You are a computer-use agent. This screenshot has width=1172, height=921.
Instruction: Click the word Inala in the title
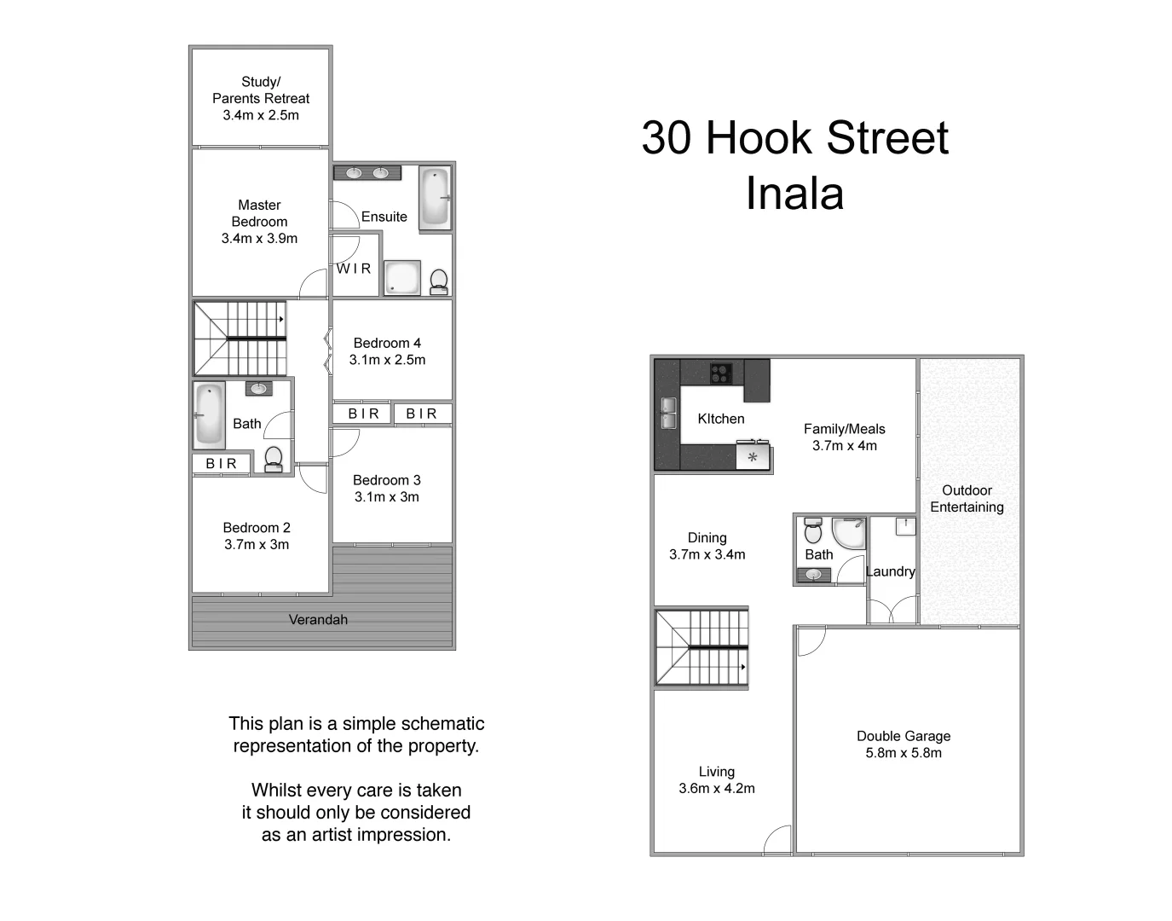coord(794,194)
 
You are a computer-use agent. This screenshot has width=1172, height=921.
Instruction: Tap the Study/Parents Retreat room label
coord(261,90)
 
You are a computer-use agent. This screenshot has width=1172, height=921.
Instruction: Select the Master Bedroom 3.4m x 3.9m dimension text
coord(259,239)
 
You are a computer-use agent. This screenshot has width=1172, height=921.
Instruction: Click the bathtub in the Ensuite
coord(435,197)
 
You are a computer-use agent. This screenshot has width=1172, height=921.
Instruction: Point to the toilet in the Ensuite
coord(439,281)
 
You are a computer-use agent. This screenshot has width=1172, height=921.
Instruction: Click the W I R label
coord(354,269)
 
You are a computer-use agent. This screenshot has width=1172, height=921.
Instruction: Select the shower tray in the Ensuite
coord(401,278)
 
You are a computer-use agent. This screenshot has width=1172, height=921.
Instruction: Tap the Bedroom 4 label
coord(387,343)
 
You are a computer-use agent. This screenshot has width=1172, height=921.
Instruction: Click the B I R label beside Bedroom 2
coord(221,464)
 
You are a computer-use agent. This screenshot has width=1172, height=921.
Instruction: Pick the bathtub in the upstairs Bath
coord(209,414)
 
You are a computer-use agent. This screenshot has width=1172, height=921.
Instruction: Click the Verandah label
coord(318,620)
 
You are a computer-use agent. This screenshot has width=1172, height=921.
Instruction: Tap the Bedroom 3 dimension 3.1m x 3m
coord(387,497)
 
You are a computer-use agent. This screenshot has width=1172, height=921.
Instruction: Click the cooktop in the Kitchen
coord(721,373)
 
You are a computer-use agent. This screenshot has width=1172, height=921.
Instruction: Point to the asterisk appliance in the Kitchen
coord(753,457)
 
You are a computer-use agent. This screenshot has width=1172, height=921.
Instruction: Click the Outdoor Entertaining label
coord(967,499)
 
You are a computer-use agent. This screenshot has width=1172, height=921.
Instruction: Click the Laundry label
coord(891,571)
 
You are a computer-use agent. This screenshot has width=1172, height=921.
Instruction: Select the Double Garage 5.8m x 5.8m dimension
coord(904,753)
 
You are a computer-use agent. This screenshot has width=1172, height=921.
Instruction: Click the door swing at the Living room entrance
coord(777,840)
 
